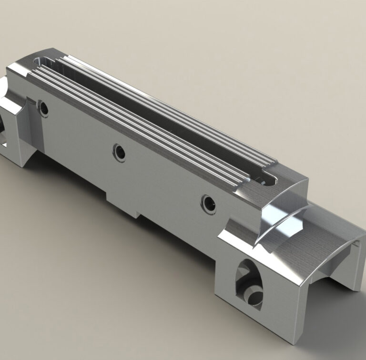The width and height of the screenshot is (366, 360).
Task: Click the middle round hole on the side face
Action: [119, 153]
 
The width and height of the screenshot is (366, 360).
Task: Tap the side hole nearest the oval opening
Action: [208, 204]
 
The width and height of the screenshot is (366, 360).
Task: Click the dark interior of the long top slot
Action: [157, 119]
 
